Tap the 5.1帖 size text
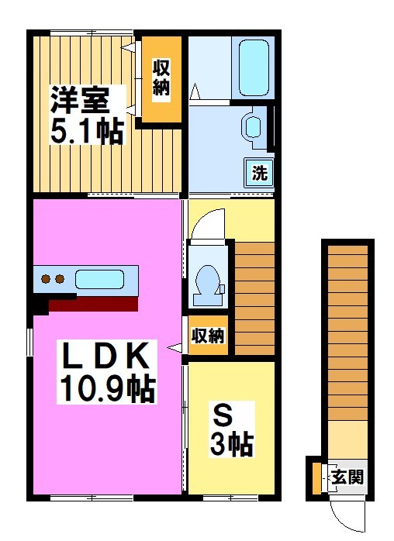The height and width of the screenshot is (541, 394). click(x=87, y=131)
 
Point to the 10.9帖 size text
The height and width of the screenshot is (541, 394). click(x=106, y=387)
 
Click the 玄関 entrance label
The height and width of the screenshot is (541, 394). click(x=347, y=477)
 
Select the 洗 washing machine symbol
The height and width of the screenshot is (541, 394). click(x=259, y=172)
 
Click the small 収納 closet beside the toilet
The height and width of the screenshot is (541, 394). click(x=208, y=336)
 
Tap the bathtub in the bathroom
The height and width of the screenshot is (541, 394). click(x=253, y=70)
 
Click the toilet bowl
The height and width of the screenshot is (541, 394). click(x=208, y=283)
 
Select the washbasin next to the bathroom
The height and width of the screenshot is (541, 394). click(x=253, y=126)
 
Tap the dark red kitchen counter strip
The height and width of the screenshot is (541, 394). click(x=93, y=301)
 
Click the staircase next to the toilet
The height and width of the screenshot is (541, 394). click(x=254, y=298)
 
